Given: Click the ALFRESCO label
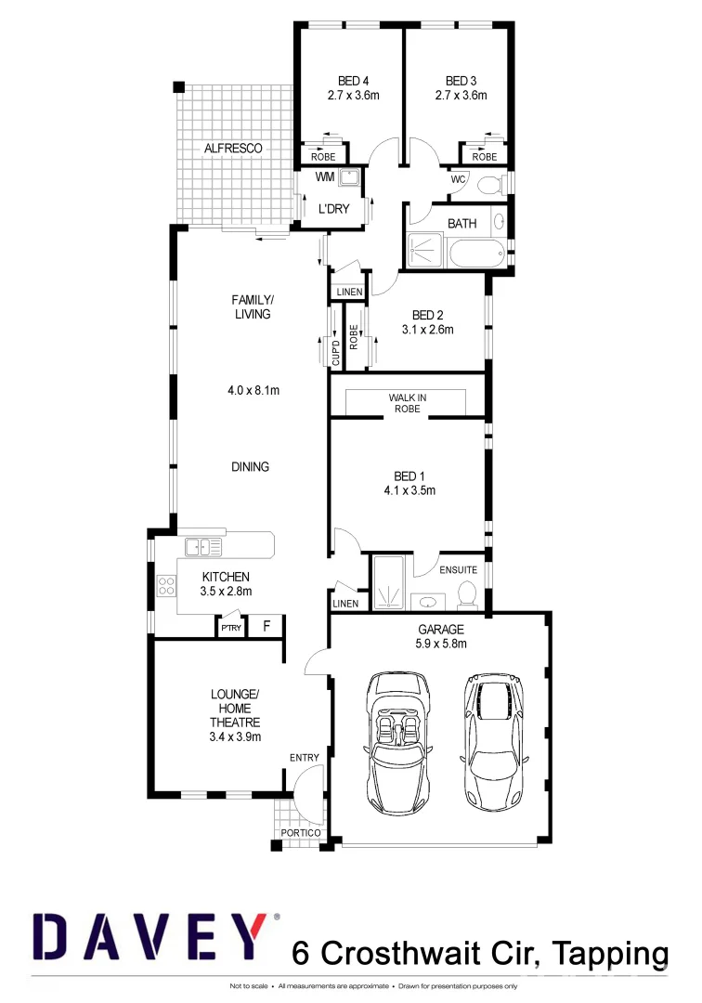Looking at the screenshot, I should click(233, 149).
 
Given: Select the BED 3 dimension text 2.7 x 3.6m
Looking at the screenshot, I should click(461, 95).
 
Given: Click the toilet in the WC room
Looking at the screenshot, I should click(487, 184).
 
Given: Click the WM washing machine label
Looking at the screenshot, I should click(325, 176).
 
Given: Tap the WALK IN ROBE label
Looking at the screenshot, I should click(407, 403).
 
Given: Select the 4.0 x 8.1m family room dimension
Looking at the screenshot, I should click(253, 391).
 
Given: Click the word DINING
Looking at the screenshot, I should click(250, 467).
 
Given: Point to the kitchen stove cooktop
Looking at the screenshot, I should click(167, 586).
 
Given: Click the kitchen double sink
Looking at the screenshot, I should click(202, 546).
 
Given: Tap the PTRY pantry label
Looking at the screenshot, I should click(230, 629).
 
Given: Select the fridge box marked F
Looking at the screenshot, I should click(266, 627).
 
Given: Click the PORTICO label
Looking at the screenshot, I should click(300, 833).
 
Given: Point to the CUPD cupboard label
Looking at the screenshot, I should click(336, 354).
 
